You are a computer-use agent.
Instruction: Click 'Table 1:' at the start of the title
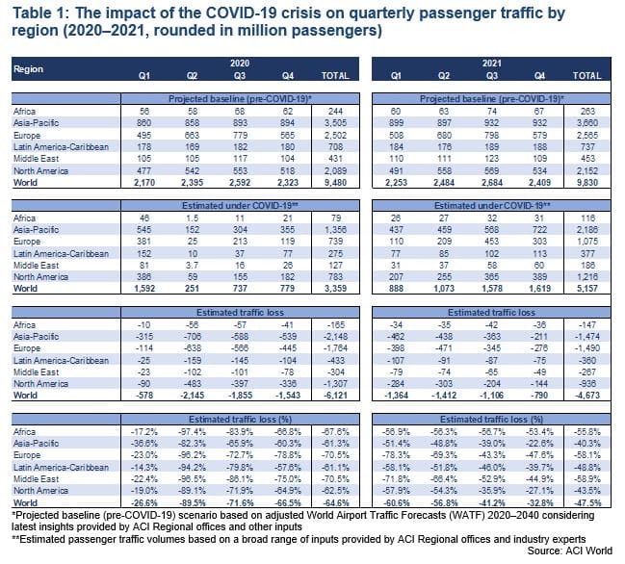[39, 13]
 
